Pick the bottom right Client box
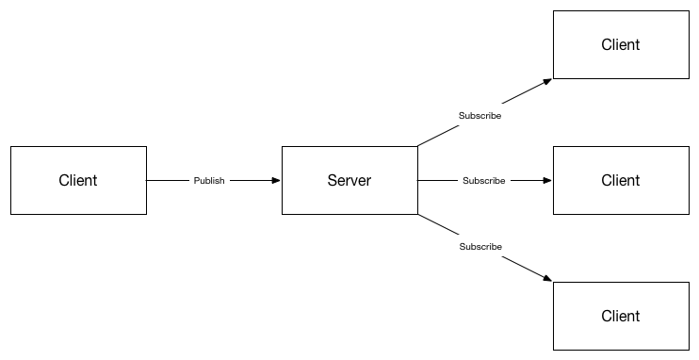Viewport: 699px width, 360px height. [x=621, y=333]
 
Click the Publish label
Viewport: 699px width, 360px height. [x=209, y=181]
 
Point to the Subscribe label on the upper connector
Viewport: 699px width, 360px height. [x=480, y=116]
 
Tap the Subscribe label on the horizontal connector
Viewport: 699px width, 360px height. [x=483, y=181]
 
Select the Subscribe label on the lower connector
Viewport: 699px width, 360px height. [x=480, y=247]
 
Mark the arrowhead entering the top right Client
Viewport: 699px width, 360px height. [x=547, y=81]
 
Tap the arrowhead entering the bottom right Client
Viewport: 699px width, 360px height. [x=547, y=278]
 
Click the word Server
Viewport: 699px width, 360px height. [x=349, y=181]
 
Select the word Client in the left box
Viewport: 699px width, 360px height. [x=78, y=181]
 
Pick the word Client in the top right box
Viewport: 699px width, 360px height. [x=621, y=45]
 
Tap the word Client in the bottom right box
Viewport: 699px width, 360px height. [x=621, y=316]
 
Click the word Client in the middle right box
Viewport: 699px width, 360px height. [x=621, y=181]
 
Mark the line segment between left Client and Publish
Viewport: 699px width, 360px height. [x=168, y=180]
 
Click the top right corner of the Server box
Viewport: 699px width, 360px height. [x=417, y=147]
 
